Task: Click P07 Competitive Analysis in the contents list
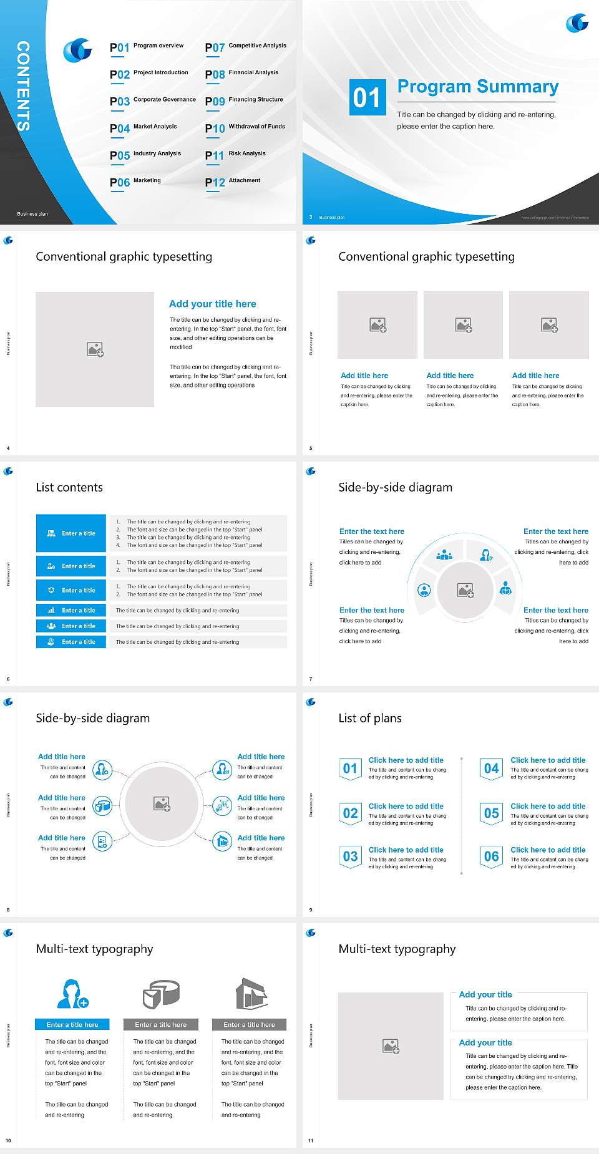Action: tap(245, 47)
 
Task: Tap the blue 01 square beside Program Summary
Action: tap(367, 97)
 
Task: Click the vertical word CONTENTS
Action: tap(23, 86)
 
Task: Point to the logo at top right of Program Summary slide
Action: tap(577, 24)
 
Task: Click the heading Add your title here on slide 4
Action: tap(212, 304)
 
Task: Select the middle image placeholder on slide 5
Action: tap(463, 325)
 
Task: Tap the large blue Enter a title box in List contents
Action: tap(71, 533)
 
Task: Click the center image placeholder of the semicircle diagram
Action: tap(465, 590)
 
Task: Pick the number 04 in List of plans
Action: tap(492, 769)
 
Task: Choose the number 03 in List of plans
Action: tap(350, 856)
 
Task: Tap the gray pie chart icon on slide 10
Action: tap(161, 994)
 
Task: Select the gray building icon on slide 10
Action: tap(251, 994)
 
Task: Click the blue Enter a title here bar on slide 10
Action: tap(72, 1024)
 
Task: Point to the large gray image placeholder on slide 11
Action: tap(391, 1046)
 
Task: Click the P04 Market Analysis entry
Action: tap(144, 128)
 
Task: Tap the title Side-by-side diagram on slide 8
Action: tap(93, 718)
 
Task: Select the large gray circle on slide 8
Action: tap(162, 803)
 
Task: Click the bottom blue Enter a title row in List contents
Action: tap(71, 641)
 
